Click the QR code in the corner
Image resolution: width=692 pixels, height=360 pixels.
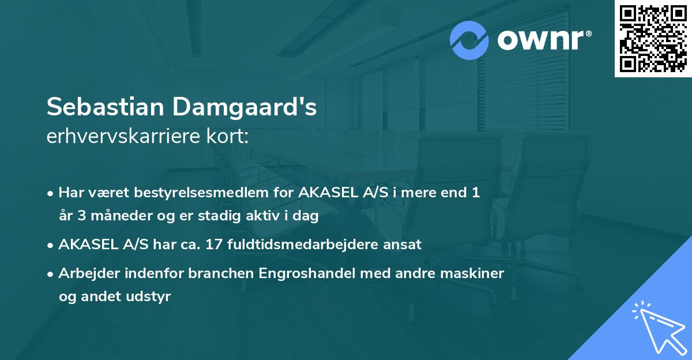click(653, 38)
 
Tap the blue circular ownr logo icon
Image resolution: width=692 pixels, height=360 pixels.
click(470, 40)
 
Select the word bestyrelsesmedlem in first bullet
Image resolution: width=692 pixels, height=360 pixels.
click(186, 193)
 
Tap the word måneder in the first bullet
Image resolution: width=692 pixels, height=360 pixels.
click(113, 217)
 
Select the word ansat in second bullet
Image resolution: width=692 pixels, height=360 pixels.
click(405, 245)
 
